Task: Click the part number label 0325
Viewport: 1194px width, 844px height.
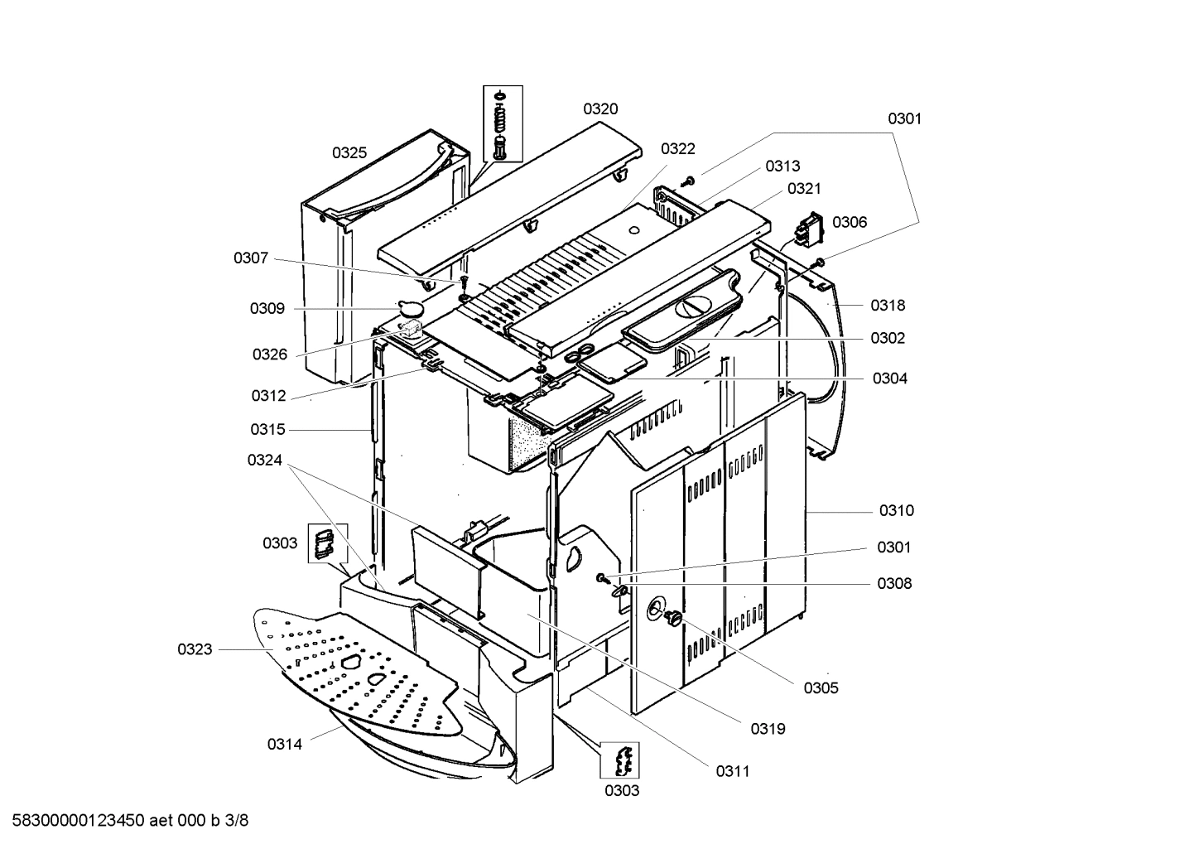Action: click(349, 153)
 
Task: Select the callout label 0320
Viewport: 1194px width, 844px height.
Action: click(600, 109)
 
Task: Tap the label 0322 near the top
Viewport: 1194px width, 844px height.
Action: click(677, 149)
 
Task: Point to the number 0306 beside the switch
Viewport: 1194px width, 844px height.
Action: click(850, 222)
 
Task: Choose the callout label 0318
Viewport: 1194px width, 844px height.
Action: click(888, 306)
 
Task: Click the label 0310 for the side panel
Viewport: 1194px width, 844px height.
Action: click(896, 511)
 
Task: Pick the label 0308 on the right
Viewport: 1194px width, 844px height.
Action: click(894, 584)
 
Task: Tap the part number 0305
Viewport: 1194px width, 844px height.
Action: click(821, 687)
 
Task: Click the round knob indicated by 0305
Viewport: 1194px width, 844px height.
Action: click(673, 617)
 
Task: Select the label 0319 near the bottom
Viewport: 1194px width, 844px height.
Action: click(768, 729)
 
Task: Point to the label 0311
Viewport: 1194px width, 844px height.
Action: click(733, 772)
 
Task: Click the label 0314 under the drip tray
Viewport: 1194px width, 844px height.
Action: click(284, 744)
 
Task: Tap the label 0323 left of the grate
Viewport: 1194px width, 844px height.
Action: click(195, 650)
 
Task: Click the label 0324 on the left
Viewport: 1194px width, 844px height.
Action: click(264, 461)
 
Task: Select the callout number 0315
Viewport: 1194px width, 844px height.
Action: click(267, 430)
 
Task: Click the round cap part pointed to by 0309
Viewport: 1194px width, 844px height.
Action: click(410, 308)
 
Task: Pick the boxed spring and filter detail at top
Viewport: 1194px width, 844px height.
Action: click(503, 124)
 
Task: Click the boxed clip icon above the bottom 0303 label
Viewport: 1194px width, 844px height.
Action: click(620, 760)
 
